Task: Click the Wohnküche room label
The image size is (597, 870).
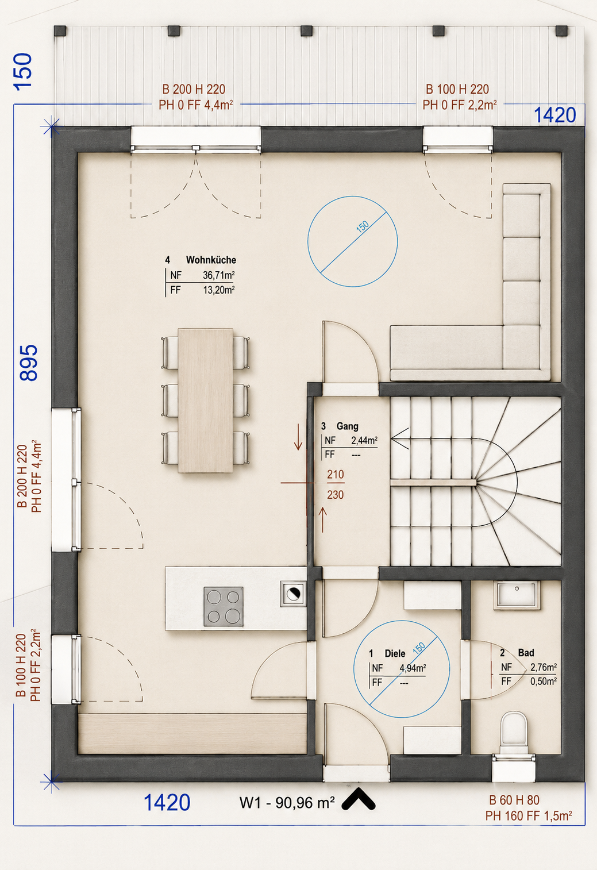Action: coord(211,260)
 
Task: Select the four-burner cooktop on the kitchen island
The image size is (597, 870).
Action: coord(224,606)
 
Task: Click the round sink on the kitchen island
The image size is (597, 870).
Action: coord(293,594)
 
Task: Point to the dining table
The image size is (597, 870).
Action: coord(206,401)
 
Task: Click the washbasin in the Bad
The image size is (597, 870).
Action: coord(517,595)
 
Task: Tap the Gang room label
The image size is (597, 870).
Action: coord(347,426)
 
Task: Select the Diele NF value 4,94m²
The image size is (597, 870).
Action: coord(413,668)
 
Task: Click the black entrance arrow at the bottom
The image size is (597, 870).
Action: coord(359,799)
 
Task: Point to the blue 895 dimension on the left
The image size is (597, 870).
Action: coord(29,363)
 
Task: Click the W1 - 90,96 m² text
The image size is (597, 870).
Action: coord(287,802)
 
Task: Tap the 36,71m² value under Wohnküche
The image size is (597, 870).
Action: coord(219,275)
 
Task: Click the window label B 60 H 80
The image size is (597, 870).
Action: coord(514,800)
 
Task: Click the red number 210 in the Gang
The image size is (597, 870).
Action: coord(336,474)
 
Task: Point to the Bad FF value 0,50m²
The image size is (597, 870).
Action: coord(544,682)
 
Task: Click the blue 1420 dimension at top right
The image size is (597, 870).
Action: coord(555,115)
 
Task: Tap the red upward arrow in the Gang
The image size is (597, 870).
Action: coord(322,519)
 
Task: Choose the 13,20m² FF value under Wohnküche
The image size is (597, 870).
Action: coord(219,290)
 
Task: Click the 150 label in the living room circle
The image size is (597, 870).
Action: coord(363,226)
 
